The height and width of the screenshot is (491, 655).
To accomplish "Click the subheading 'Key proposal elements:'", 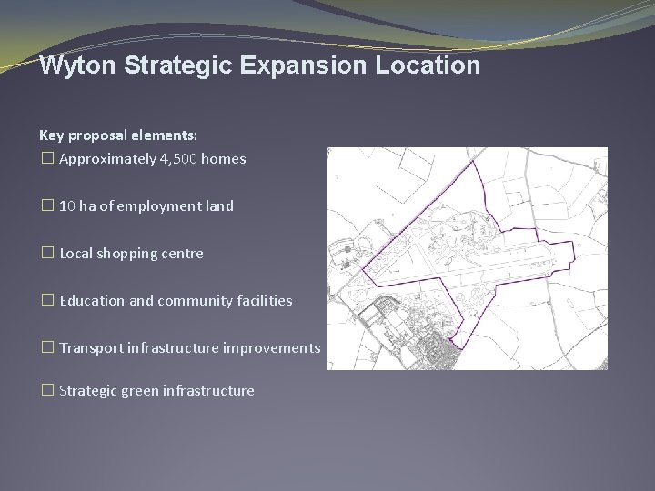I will coord(118,135).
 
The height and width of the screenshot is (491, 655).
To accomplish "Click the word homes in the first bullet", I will coord(225,159).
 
